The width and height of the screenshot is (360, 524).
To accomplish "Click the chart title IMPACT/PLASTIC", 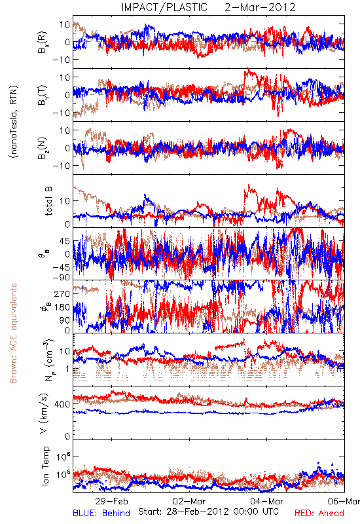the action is (164, 7).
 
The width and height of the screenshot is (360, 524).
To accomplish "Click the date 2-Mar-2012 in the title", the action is (260, 7).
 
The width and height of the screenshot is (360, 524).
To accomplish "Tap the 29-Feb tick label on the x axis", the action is (111, 501).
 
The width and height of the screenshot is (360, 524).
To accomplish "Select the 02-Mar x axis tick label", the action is (189, 501).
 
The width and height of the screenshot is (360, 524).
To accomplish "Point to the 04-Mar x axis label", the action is (267, 501).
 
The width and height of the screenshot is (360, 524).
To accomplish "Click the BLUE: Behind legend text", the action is (101, 513).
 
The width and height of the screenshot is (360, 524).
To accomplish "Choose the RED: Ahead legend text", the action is (319, 513).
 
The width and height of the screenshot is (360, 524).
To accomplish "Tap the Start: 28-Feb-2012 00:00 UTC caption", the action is (208, 512).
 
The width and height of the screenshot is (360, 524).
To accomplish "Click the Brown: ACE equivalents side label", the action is (13, 333).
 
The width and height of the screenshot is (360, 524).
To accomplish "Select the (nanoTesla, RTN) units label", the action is (14, 122).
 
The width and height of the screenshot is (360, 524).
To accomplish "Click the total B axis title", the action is (48, 201).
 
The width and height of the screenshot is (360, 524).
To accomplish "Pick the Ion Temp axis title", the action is (45, 466).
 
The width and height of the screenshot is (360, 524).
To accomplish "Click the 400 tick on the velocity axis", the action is (62, 404).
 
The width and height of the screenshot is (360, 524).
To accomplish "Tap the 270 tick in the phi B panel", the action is (62, 293).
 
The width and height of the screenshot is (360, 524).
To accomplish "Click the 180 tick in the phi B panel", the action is (62, 307).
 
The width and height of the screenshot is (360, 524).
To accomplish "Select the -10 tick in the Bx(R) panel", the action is (62, 60).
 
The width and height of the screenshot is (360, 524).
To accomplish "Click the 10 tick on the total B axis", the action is (65, 201).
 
